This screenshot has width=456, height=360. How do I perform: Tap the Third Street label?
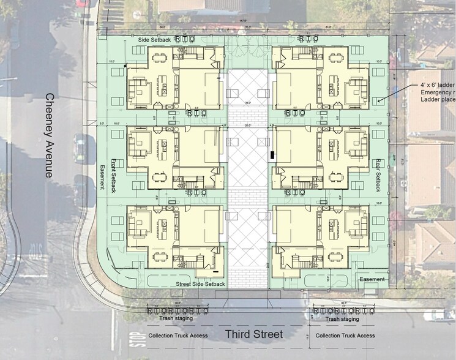point(253,334)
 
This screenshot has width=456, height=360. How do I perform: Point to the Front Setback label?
point(113,175)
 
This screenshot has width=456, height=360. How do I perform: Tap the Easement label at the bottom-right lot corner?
point(372,279)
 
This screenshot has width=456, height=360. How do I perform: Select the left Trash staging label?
point(174,318)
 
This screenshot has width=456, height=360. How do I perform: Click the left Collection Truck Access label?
point(178,336)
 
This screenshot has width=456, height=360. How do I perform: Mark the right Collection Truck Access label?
point(345,336)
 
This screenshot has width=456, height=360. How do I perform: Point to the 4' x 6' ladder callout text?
point(428,84)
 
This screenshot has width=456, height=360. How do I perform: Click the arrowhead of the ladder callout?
point(379,101)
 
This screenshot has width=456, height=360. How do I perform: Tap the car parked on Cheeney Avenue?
point(80,148)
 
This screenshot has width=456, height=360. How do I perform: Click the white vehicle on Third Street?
point(439,315)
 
